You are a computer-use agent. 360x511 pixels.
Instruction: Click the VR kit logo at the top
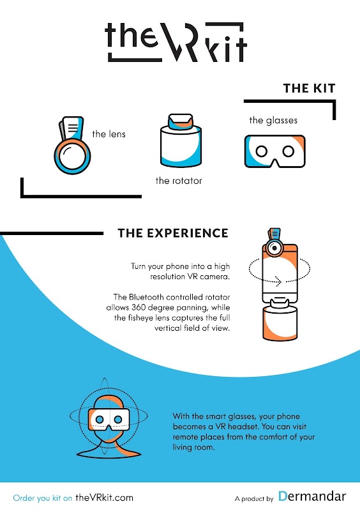point(176,42)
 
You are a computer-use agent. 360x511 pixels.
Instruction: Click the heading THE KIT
point(309,88)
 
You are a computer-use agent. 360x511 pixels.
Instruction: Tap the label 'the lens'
point(109,134)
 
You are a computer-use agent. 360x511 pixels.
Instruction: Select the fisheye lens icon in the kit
point(72,146)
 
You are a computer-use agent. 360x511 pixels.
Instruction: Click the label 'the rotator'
point(179,181)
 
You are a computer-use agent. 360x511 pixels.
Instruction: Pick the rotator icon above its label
point(181,141)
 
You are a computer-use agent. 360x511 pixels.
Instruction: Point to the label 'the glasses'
point(273,121)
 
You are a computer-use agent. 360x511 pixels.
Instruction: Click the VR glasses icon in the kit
point(275,151)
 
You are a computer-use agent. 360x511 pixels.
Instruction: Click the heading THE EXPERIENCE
point(173,233)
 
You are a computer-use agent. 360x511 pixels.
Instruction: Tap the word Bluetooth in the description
point(146,297)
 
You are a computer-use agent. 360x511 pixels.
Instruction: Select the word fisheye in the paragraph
point(141,318)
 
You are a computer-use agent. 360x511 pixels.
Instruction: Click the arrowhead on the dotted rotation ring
point(278,281)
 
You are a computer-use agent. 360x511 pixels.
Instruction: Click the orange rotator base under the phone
point(280,323)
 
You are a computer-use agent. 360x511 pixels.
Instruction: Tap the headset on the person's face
point(109,419)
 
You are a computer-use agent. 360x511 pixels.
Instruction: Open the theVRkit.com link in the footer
point(104,498)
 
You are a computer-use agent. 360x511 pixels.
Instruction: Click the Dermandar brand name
point(312,496)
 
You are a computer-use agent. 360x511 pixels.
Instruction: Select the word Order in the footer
point(24,498)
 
